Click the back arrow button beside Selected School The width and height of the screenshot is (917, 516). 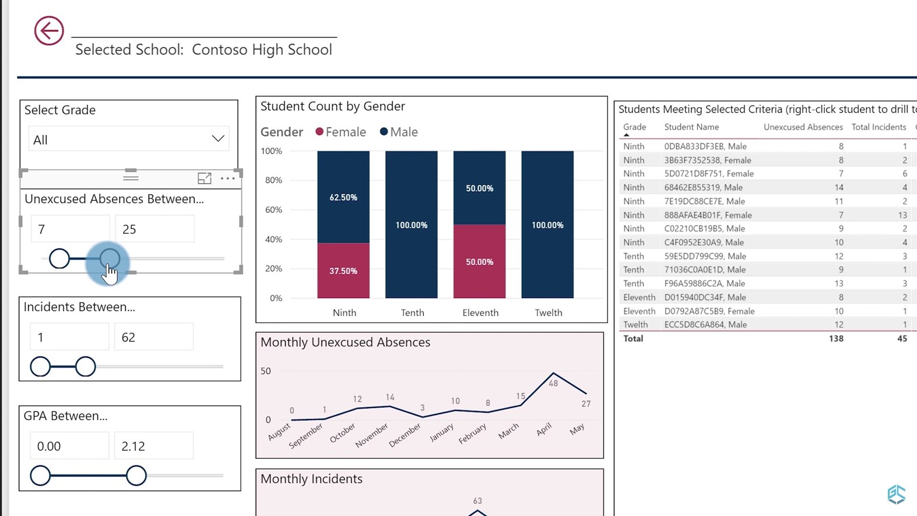click(49, 31)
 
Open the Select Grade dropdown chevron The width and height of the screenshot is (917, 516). click(218, 138)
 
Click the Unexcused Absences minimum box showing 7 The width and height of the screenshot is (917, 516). click(70, 229)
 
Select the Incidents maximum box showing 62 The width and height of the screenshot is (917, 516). click(153, 337)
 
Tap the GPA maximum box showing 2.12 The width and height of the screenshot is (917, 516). click(153, 446)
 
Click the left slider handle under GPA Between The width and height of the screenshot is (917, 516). click(40, 475)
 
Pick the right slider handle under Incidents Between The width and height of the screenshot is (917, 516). click(85, 367)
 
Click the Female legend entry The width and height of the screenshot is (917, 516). click(340, 132)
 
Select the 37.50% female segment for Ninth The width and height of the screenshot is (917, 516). click(343, 271)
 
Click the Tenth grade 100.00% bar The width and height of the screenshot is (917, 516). click(412, 224)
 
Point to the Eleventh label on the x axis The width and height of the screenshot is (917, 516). click(480, 313)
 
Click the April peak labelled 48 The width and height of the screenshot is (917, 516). click(553, 373)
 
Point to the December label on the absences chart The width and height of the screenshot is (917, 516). click(405, 435)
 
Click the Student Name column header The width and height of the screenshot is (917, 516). click(691, 127)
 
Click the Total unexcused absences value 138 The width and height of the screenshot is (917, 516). click(836, 339)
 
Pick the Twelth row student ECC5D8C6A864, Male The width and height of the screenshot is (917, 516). click(705, 325)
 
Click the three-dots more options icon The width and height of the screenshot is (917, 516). click(227, 178)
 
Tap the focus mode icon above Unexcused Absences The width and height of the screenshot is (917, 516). click(204, 178)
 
